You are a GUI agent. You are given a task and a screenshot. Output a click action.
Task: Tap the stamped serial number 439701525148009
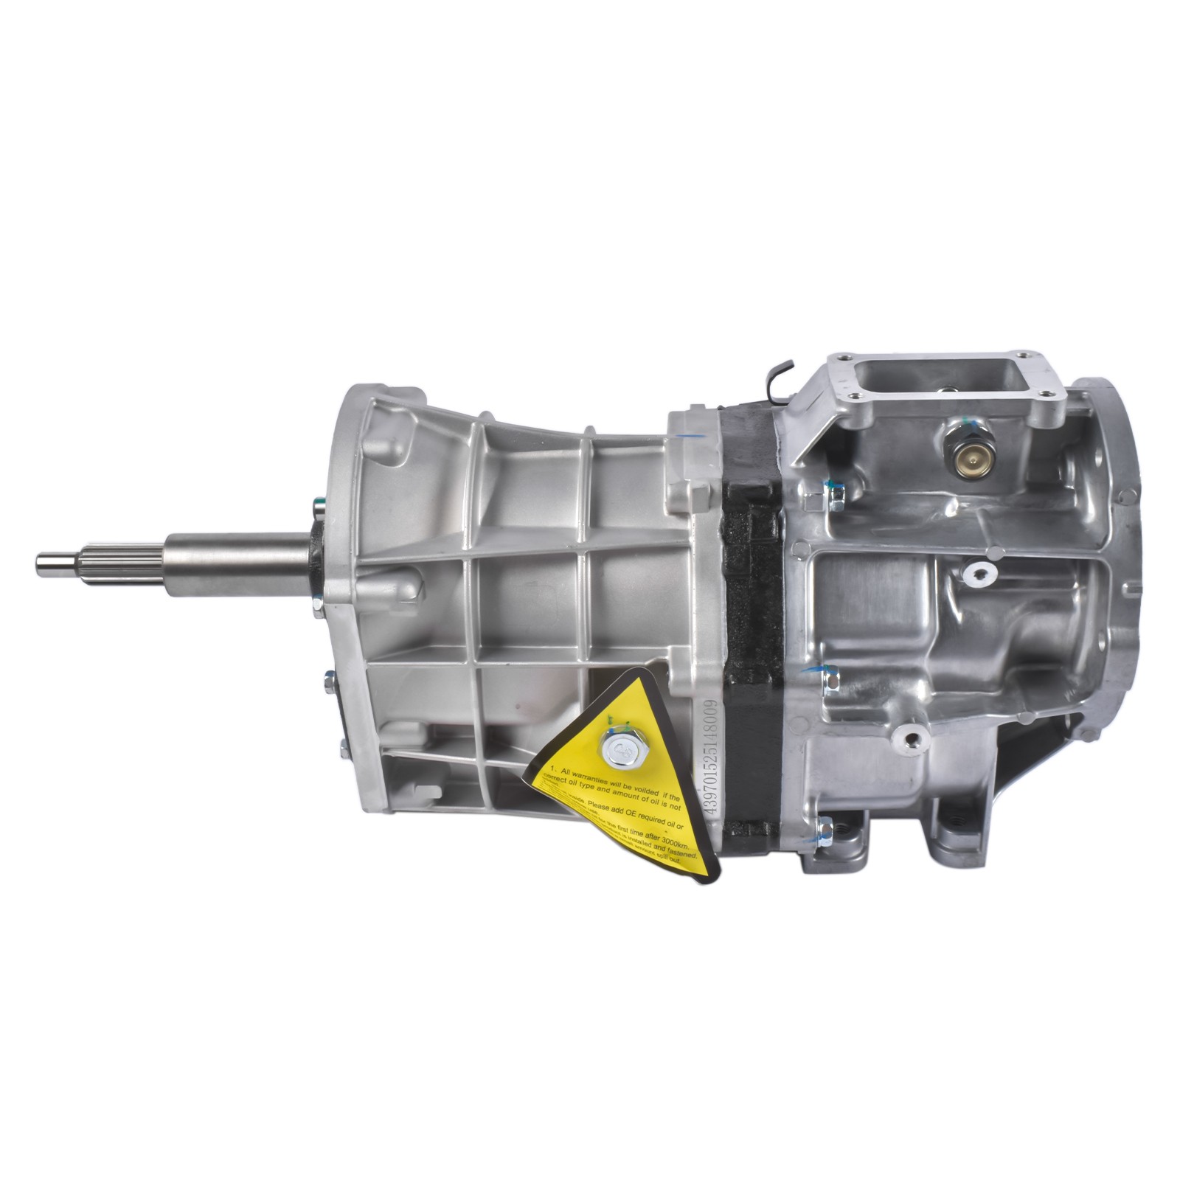710,756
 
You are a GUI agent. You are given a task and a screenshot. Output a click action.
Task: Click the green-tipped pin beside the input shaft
318,506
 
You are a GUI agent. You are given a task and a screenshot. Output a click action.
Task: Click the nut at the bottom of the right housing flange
826,831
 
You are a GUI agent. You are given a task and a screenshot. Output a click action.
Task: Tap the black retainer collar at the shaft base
316,560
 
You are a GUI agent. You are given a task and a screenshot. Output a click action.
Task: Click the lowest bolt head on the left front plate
343,751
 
